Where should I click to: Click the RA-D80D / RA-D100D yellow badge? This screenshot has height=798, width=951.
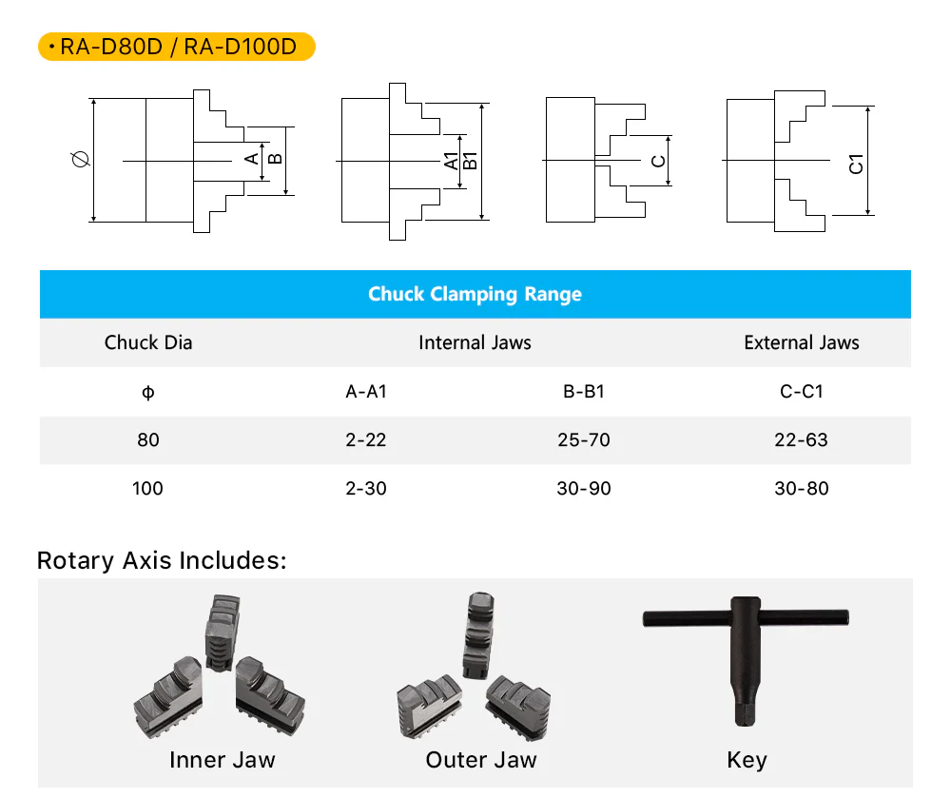click(177, 47)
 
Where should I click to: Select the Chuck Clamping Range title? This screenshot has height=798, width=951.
click(475, 294)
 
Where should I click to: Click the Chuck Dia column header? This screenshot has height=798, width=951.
click(148, 342)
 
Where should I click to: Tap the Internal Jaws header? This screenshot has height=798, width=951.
click(475, 342)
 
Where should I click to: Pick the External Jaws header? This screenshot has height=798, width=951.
click(801, 342)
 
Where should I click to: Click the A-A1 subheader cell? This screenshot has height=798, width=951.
click(366, 392)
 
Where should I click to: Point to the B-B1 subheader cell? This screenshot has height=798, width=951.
click(584, 392)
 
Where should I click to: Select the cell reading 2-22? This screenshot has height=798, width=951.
click(366, 439)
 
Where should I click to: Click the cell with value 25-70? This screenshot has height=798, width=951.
click(584, 439)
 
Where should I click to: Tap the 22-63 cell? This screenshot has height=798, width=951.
click(801, 439)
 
